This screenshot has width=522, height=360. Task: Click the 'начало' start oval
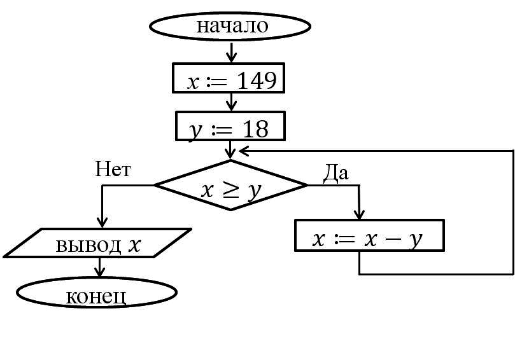(230, 27)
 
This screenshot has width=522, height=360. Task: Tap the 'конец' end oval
(96, 293)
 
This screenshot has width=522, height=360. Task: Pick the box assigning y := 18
(230, 126)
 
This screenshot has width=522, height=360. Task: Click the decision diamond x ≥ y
(230, 186)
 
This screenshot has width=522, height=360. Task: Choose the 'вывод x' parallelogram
(97, 243)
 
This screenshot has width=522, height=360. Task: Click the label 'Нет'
(113, 169)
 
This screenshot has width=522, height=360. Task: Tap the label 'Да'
(335, 172)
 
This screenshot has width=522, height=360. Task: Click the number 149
(257, 81)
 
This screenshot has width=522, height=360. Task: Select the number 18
(255, 129)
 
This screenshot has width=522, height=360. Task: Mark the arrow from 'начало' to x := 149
(231, 52)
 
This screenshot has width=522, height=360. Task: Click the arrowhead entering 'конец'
(99, 273)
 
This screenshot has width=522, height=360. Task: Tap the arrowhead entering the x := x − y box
(360, 214)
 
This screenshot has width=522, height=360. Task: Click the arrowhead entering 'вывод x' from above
(102, 222)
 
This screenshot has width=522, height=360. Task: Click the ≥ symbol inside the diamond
(230, 189)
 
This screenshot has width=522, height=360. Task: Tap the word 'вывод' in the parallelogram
(88, 245)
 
